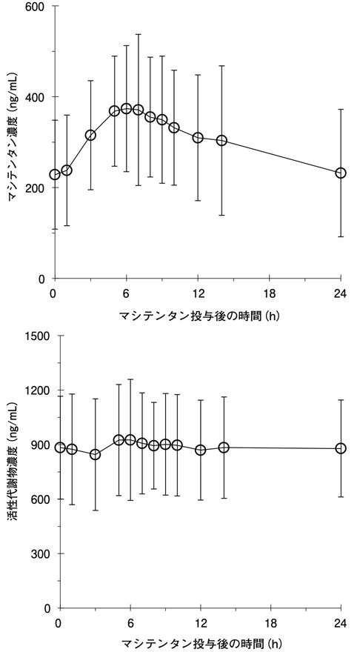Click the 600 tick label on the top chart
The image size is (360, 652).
(x=36, y=6)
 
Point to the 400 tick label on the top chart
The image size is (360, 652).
(x=36, y=97)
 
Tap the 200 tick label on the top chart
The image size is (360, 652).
(x=36, y=187)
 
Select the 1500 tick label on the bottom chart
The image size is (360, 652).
(x=38, y=336)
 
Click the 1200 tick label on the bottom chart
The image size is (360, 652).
(x=38, y=390)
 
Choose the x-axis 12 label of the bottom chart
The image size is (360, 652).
(x=201, y=624)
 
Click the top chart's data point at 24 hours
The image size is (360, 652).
(x=341, y=173)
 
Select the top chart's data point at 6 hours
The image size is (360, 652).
(x=127, y=108)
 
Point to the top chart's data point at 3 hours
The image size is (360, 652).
(x=90, y=135)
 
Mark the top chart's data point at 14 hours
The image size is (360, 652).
(x=221, y=141)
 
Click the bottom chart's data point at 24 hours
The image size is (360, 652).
(x=341, y=448)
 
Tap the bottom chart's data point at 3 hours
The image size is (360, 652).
(x=96, y=454)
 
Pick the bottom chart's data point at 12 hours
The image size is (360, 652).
(x=201, y=450)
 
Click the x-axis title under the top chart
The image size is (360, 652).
(x=199, y=316)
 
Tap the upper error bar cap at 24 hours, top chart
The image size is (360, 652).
(x=341, y=110)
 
